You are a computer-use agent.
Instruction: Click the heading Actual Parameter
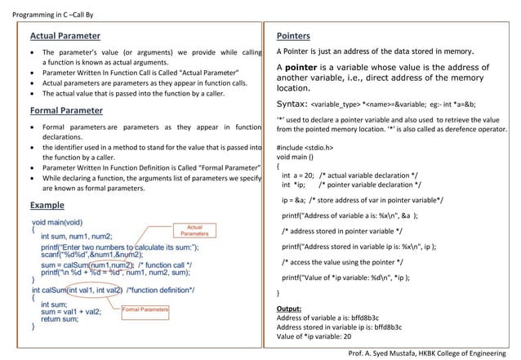pyautogui.click(x=65, y=37)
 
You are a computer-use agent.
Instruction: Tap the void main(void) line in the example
pyautogui.click(x=57, y=222)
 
